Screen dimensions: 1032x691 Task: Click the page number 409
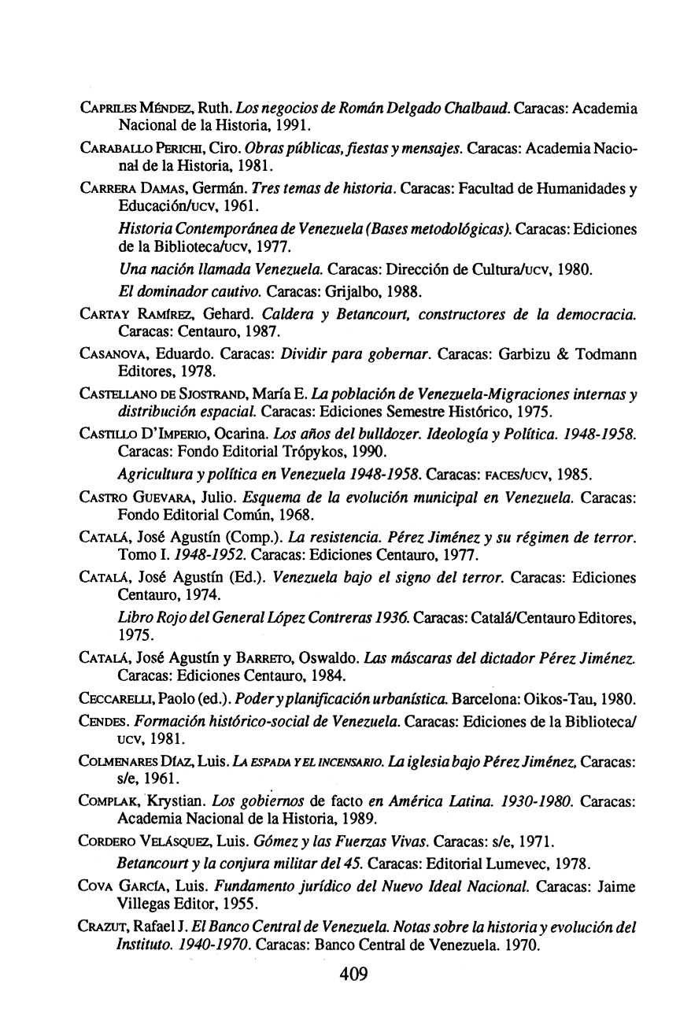[x=353, y=975]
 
